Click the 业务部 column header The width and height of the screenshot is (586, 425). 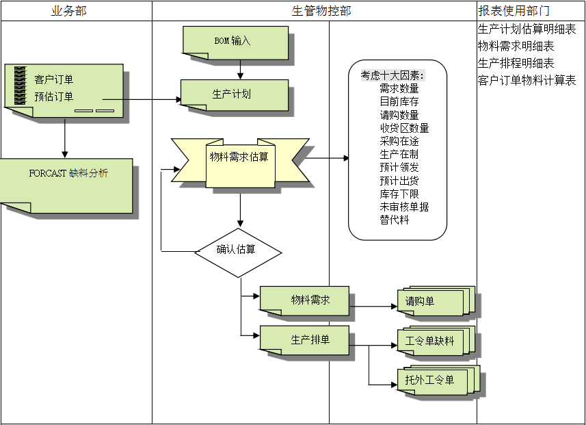(69, 11)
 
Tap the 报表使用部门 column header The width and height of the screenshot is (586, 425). (514, 11)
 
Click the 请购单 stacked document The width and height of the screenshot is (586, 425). (431, 301)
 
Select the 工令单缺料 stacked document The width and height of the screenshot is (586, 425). (431, 341)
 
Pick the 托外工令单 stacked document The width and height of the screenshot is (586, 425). (431, 380)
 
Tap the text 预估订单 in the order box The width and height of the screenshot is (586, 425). (54, 96)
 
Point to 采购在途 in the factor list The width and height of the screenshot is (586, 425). (399, 141)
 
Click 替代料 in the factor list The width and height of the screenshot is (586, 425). (395, 220)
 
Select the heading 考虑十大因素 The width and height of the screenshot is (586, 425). (393, 75)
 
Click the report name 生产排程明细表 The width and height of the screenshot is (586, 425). (516, 64)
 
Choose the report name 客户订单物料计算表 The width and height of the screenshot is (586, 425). (527, 81)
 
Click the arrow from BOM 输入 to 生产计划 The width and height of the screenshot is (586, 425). (240, 69)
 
